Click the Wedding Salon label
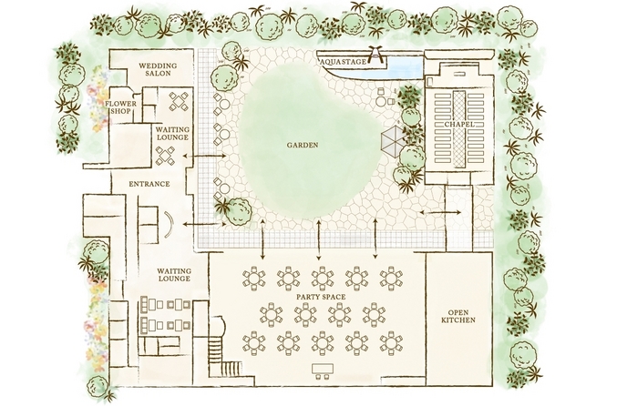pos(158,69)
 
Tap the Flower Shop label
pos(120,107)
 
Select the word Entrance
pos(149,184)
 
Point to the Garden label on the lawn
pos(303,145)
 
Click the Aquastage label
pos(344,62)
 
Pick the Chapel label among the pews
pos(459,125)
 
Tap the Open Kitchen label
pos(458,316)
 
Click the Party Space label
pos(321,297)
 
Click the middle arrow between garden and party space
pos(319,239)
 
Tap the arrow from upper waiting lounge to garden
pos(204,156)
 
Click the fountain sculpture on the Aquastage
pos(375,54)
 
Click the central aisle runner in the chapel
pos(459,129)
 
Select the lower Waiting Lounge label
pos(174,275)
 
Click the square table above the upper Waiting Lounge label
pos(179,101)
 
